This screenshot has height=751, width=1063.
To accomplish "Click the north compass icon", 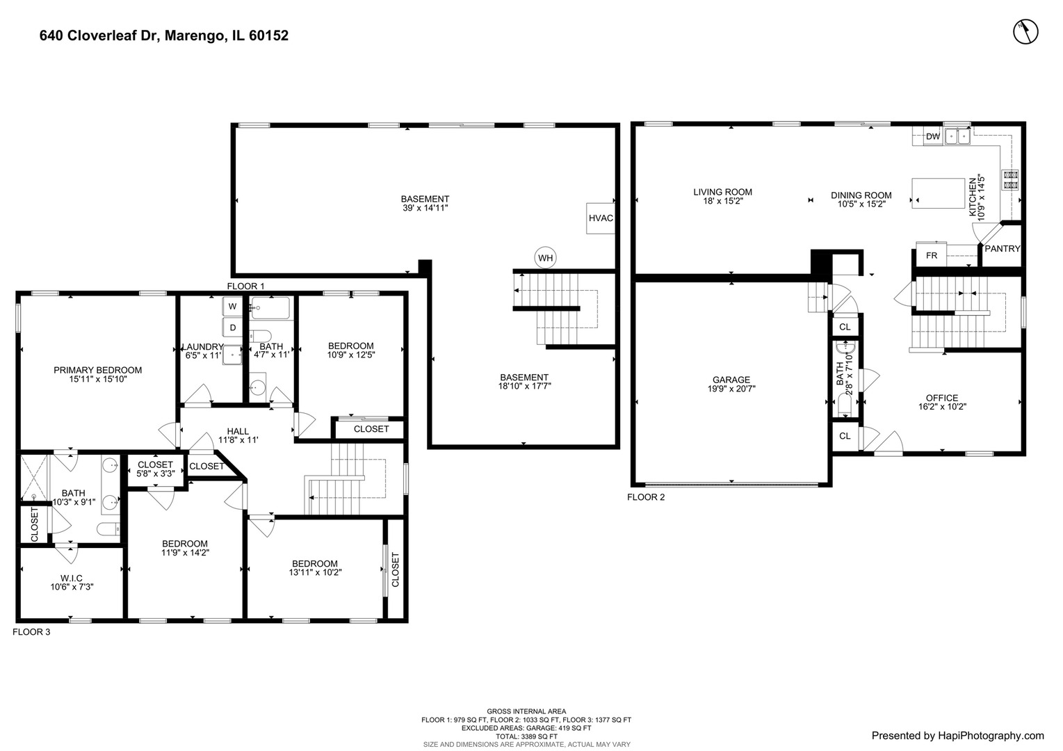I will [1025, 31].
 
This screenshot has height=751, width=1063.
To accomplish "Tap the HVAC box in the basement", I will [601, 218].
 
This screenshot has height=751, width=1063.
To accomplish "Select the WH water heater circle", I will [546, 259].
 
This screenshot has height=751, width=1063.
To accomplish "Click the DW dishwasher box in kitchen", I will [932, 136].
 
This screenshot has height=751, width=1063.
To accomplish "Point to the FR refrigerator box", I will [932, 255].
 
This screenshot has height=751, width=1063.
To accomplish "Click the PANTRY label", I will [1002, 248].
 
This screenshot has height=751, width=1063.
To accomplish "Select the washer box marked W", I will [232, 306].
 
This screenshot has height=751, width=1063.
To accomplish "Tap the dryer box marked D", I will [232, 328].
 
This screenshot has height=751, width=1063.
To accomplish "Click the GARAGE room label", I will [731, 380].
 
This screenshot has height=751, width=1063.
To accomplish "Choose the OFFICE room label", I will [942, 398].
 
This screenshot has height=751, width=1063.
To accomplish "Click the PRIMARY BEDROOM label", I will [97, 370].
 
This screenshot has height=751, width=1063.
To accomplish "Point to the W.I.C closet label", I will [71, 578].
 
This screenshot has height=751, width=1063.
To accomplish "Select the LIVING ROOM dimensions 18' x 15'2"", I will [722, 202].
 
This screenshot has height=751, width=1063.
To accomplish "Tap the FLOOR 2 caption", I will [646, 497].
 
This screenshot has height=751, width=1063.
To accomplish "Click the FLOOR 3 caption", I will [31, 632].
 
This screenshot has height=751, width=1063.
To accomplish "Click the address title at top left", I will [164, 35].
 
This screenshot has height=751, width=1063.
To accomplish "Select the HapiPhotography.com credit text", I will [957, 736].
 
